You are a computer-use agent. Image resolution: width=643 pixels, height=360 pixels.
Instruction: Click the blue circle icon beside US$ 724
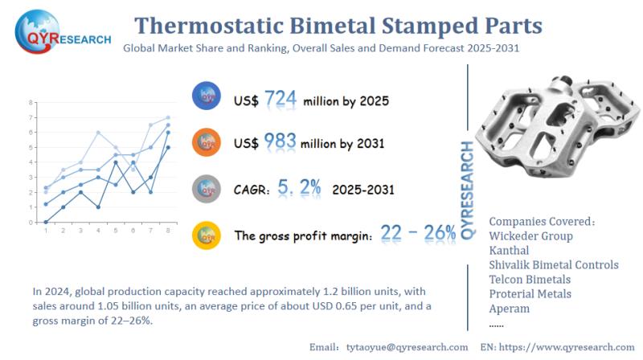click(x=207, y=97)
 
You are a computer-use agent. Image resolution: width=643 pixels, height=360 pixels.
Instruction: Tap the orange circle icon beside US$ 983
click(x=207, y=142)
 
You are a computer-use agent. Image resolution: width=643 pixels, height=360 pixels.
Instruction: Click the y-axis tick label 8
click(x=31, y=103)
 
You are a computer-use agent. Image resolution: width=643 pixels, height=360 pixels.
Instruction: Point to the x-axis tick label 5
click(x=116, y=231)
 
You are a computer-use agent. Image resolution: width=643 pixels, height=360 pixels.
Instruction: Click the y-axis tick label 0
click(x=31, y=223)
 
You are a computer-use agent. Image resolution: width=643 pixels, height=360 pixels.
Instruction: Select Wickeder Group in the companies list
click(x=530, y=236)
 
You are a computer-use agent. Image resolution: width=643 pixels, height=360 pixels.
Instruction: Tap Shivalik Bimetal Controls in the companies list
click(x=553, y=265)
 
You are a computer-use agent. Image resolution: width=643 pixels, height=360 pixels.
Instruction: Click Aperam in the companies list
click(x=510, y=309)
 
